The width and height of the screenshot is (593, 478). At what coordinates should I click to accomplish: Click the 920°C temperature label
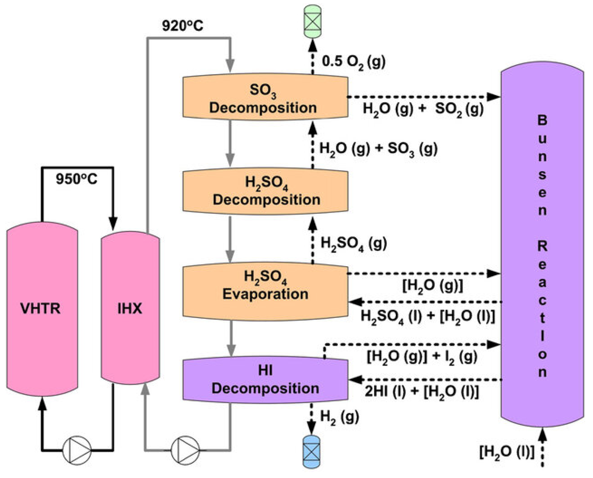point(182,26)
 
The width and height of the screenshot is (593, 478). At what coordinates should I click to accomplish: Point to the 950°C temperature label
point(76,179)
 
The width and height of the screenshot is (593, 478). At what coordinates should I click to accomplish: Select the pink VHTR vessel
point(42,309)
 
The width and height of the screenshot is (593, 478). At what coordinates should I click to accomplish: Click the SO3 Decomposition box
point(265,97)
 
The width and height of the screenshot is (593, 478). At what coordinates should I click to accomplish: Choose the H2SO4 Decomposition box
point(265,191)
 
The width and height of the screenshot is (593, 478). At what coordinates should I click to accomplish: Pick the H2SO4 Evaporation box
point(265,291)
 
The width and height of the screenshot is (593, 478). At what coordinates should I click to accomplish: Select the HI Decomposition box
point(265,380)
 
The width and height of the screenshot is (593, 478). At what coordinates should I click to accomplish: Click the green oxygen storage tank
point(312,21)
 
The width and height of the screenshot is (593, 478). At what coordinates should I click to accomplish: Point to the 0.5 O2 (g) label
point(353,62)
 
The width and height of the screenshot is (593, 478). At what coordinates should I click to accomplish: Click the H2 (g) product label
point(339,417)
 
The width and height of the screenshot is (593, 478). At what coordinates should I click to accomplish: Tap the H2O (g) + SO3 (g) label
point(378,149)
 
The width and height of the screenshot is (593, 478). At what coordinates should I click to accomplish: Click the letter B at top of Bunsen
point(542,120)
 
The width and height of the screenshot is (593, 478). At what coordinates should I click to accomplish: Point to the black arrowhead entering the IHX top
point(113,224)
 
